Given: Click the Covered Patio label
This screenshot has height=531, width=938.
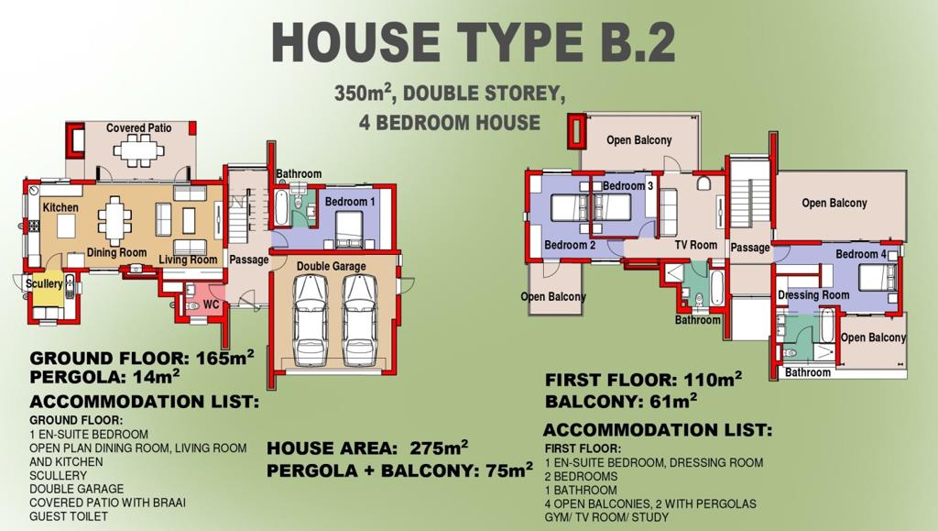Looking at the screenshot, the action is [139, 128].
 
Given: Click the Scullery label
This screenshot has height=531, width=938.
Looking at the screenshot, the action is [44, 283].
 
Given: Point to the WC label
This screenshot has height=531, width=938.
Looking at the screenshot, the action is [211, 304].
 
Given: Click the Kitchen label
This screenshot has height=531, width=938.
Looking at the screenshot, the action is [60, 207].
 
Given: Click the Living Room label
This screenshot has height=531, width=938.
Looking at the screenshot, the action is [188, 260].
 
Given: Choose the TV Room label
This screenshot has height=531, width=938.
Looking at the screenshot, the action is [696, 245].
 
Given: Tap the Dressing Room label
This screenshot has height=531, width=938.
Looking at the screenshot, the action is [813, 295].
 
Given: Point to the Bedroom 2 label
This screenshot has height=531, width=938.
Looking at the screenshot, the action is [570, 245].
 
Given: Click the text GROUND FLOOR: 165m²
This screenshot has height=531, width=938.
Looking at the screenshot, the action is [142, 358].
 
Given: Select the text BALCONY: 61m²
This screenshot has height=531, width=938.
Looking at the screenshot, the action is [621, 401].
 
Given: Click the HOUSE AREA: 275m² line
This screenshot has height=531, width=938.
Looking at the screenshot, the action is [367, 448].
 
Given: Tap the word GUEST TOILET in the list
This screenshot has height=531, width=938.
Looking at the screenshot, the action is [69, 516].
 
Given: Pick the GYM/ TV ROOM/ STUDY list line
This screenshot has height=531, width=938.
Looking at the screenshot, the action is [606, 517].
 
